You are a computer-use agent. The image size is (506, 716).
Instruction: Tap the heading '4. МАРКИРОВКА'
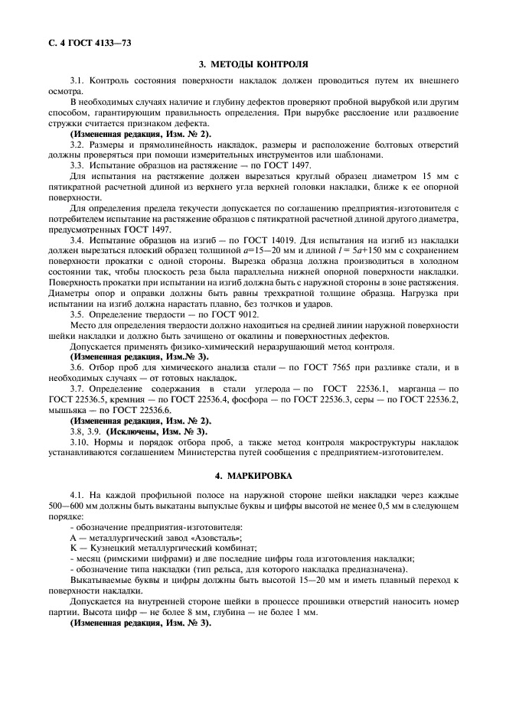pyautogui.click(x=253, y=476)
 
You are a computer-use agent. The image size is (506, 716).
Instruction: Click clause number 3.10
pyautogui.click(x=80, y=444)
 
